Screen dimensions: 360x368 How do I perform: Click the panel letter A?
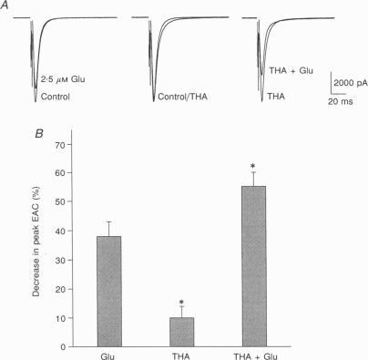[8, 5]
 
